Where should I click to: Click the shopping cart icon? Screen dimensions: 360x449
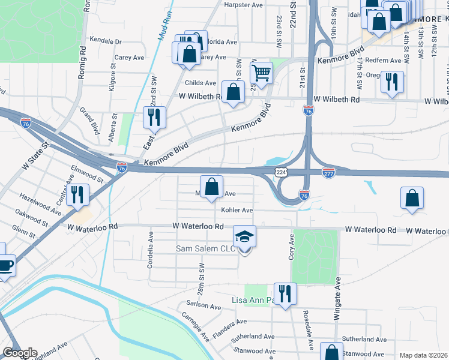tap(262, 74)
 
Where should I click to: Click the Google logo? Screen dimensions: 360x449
tap(19, 353)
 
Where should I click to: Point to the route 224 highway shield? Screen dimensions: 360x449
tap(281, 172)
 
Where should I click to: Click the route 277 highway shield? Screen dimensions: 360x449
tap(328, 172)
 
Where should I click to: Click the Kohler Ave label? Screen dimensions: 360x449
tap(237, 211)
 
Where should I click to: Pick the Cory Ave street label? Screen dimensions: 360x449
tap(292, 245)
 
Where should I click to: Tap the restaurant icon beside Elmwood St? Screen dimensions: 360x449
tap(77, 194)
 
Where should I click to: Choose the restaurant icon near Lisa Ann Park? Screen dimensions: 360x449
tap(285, 294)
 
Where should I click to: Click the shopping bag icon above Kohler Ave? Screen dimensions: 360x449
tap(211, 187)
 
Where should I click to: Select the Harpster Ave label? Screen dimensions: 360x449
tap(244, 5)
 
